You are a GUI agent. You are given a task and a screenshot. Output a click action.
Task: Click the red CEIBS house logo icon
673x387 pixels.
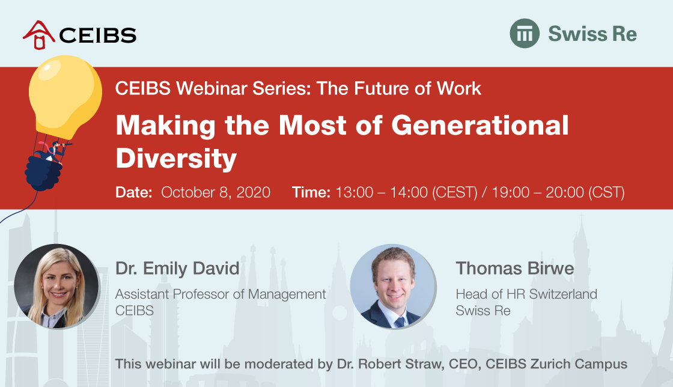(x=39, y=35)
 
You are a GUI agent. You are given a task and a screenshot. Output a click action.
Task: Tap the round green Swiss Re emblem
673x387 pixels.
(x=525, y=34)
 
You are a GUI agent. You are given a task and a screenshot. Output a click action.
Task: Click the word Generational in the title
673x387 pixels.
(x=480, y=125)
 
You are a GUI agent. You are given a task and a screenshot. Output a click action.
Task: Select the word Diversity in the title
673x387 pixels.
(x=176, y=159)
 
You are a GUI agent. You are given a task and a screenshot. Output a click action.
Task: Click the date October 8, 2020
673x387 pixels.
(x=216, y=192)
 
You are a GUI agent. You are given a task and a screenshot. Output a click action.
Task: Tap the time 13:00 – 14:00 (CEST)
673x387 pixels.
(x=406, y=192)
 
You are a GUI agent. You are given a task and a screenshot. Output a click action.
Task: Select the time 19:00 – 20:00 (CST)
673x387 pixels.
(x=558, y=192)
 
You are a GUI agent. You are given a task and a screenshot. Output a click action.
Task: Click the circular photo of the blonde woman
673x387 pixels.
(x=56, y=287)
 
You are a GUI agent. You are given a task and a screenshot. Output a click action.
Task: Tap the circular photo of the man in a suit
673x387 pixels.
(x=393, y=287)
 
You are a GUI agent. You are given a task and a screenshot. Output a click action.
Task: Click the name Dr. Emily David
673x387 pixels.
(x=177, y=269)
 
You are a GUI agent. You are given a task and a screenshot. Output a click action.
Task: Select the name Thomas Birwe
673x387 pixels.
(x=514, y=269)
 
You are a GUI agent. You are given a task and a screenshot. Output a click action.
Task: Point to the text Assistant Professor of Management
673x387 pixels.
(x=221, y=294)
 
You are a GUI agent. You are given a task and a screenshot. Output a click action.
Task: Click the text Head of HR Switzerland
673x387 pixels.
(x=526, y=294)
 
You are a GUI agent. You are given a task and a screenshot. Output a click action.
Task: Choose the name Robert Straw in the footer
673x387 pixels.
(x=400, y=364)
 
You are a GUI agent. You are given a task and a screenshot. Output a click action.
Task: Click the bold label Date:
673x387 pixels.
(x=134, y=192)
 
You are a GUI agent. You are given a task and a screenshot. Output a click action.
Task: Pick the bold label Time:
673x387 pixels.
(x=311, y=192)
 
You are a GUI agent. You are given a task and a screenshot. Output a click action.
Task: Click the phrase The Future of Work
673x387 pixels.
(x=399, y=88)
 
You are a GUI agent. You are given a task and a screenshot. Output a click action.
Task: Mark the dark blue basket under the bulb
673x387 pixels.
(x=44, y=172)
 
